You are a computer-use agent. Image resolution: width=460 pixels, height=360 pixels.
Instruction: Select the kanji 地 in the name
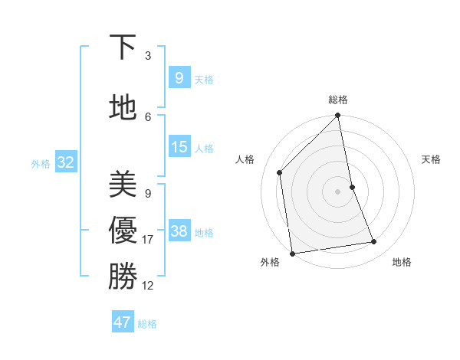pos(122,107)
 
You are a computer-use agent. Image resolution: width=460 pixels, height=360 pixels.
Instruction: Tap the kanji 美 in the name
pos(122,184)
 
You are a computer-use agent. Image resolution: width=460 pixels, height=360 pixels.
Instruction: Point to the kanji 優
pos(122,231)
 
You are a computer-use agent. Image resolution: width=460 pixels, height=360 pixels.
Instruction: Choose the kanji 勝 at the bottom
pos(122,276)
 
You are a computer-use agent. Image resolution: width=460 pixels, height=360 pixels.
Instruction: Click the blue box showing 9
pos(179,78)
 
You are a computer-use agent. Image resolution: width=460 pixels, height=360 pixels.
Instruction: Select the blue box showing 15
pos(179,147)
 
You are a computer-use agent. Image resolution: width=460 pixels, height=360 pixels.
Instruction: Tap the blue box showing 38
pos(179,232)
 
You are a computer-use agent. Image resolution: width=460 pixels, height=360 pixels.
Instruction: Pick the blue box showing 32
pos(65,162)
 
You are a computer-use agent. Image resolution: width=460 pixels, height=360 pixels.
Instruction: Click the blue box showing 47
pos(123,322)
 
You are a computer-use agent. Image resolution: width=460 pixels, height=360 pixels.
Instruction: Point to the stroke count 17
pos(148,240)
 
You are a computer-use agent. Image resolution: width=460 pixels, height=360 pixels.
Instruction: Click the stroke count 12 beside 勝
pos(148,286)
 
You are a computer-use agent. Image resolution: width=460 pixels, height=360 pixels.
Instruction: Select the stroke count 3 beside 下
pos(148,56)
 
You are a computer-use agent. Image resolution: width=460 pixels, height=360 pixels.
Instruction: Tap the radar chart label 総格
pos(338,100)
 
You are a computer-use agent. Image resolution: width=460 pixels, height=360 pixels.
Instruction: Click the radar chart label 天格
pos(431,159)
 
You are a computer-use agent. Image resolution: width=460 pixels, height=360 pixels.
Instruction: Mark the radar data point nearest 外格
pos(292,253)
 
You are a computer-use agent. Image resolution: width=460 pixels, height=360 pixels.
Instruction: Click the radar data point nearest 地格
pos(374,242)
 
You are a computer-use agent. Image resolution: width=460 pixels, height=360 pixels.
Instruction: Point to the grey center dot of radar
pos(338,191)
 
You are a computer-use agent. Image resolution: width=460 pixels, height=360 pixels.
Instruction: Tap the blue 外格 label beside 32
pos(41,163)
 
